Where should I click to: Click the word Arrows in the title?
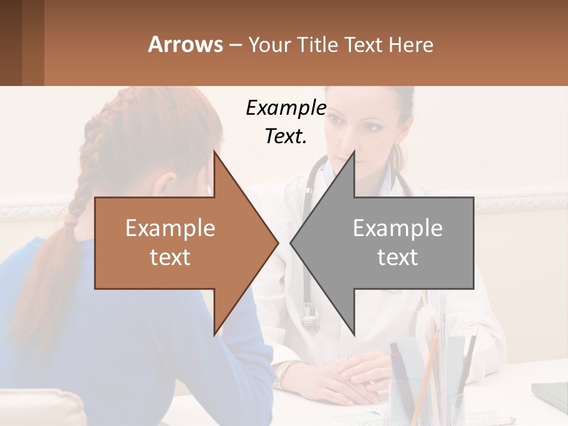pyautogui.click(x=185, y=44)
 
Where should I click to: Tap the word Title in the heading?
pyautogui.click(x=318, y=44)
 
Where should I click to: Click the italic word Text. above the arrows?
pyautogui.click(x=286, y=136)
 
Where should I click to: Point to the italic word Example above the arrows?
pyautogui.click(x=286, y=108)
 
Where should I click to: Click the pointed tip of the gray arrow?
pyautogui.click(x=292, y=243)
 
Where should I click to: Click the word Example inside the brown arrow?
pyautogui.click(x=170, y=228)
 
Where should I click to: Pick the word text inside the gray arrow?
pyautogui.click(x=398, y=257)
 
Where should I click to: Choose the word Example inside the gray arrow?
pyautogui.click(x=398, y=228)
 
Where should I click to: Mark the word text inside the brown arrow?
pyautogui.click(x=170, y=257)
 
